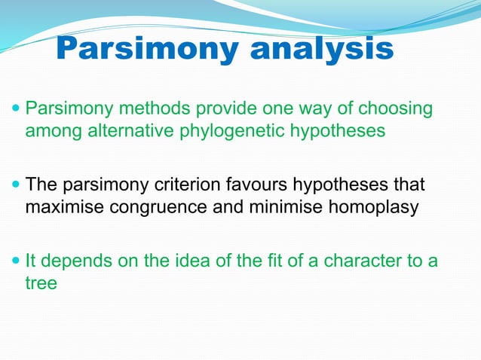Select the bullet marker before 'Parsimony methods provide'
point(16,110)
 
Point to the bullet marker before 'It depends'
point(16,261)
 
